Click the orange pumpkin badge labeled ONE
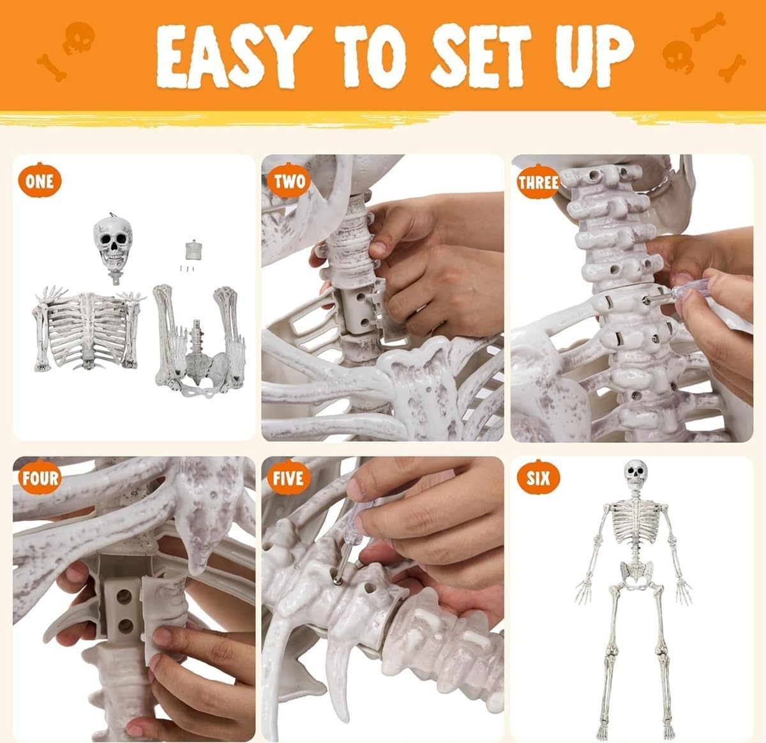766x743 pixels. (x=40, y=181)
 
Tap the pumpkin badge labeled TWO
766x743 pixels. (x=289, y=181)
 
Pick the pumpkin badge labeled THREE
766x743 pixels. (x=538, y=183)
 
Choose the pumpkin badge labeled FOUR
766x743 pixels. (x=40, y=478)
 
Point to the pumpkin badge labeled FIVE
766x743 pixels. (x=289, y=478)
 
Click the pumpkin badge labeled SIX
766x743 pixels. (x=538, y=478)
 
